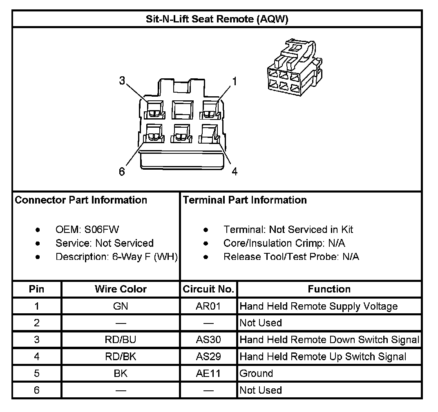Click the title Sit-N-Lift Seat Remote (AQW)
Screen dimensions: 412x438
point(217,19)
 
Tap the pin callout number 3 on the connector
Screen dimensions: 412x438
point(122,81)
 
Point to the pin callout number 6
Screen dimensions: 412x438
point(122,171)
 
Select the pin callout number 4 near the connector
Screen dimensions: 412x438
point(235,171)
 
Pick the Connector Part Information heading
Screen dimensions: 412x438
point(81,200)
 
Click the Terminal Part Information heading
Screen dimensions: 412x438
point(245,200)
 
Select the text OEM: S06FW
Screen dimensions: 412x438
point(87,230)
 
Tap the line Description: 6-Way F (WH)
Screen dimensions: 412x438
point(116,257)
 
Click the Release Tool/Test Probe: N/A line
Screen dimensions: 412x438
point(291,257)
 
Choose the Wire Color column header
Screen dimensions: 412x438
point(121,289)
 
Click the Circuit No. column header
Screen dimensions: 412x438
point(208,289)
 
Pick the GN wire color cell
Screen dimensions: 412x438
point(121,306)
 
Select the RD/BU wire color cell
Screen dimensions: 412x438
point(121,339)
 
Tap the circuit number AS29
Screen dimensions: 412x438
point(208,357)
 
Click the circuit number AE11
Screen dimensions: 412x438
point(208,373)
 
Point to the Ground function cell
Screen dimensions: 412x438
point(256,373)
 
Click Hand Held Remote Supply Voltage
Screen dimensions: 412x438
point(318,306)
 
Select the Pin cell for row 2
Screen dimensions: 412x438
point(37,323)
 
